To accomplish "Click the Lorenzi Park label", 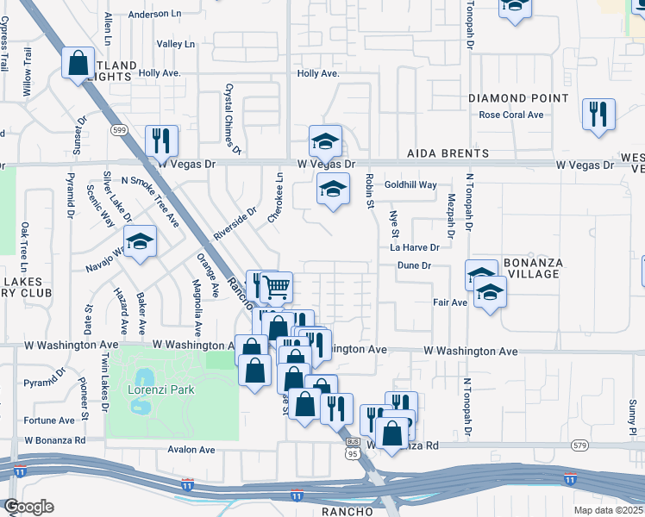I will click(161, 389).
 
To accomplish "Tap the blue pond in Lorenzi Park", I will click(142, 377).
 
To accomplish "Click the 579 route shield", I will click(579, 445).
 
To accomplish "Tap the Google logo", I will click(28, 506).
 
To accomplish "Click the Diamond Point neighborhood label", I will click(518, 98).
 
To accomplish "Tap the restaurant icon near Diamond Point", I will click(598, 113).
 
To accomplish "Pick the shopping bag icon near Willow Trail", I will click(78, 63).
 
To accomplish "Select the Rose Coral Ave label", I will click(511, 115).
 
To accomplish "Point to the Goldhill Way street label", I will click(410, 185).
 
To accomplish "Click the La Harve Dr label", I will click(415, 247).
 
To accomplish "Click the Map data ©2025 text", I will click(609, 510).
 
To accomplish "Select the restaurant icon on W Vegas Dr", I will click(160, 140).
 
